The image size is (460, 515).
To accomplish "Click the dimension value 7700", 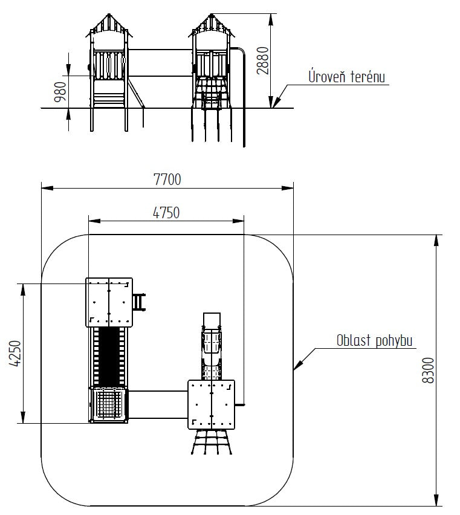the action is coord(167,180).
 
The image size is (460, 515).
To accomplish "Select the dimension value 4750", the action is coord(166,213).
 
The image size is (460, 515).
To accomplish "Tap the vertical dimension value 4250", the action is coord(15,353).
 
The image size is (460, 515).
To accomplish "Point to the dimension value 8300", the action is coord(428,371).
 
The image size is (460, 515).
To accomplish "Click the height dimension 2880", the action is coord(263,60).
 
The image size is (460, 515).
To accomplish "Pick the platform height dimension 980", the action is coord(60,92).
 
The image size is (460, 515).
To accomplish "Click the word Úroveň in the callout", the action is coord(327,76).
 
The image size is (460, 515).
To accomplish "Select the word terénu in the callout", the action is coord(368,77).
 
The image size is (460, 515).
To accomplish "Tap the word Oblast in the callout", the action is coord(354,340).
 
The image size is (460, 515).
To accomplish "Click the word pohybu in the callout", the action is coord(394,342).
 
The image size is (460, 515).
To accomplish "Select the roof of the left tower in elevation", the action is coord(109,25).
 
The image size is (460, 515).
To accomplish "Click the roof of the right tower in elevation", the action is coord(212,25).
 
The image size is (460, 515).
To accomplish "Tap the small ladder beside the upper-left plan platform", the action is coord(139,302).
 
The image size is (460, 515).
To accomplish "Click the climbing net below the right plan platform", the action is coord(212,442).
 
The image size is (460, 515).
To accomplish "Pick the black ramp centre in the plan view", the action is coord(109,357).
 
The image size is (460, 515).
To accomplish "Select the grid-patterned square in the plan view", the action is coord(108,404).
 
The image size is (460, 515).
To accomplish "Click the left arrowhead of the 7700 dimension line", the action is coord(47,188).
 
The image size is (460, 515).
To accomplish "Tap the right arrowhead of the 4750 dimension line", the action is coord(238,221).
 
